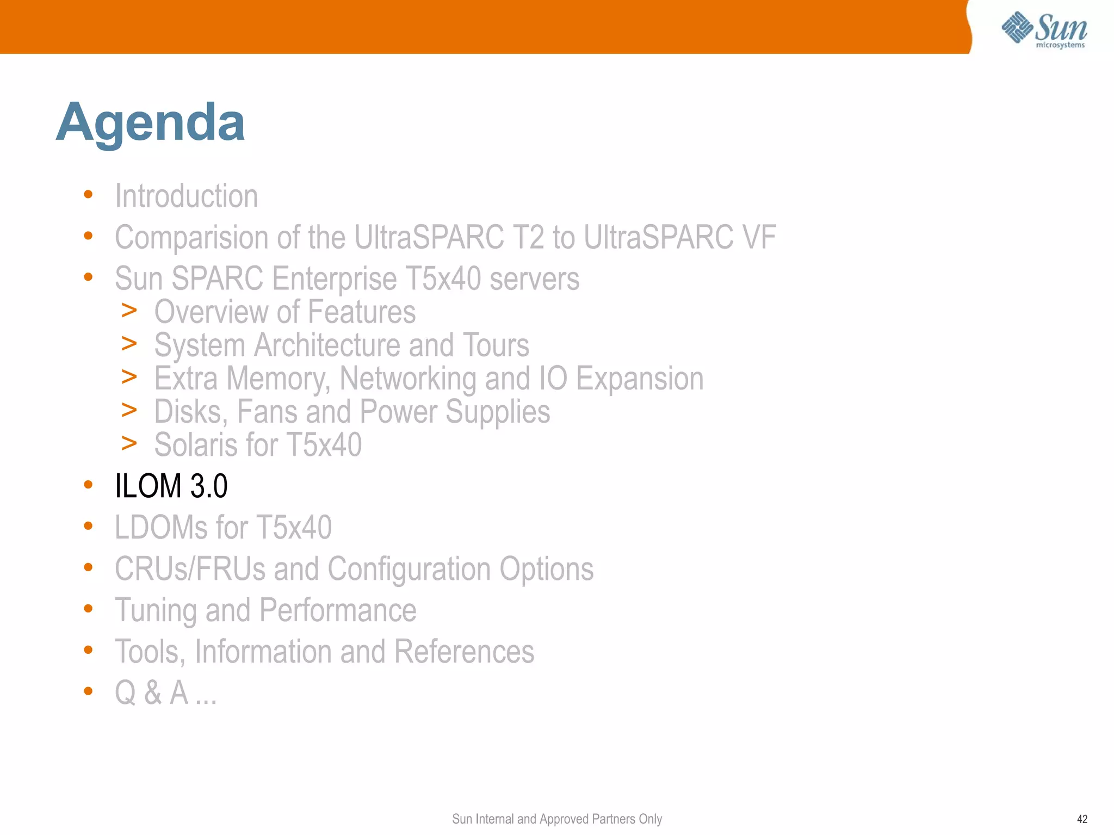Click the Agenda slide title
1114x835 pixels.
click(x=150, y=123)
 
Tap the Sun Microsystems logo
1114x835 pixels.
click(x=1044, y=29)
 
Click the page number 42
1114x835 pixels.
click(x=1082, y=819)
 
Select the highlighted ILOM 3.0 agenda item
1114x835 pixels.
click(x=171, y=486)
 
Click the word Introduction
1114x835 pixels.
click(x=186, y=196)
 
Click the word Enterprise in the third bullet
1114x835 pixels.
click(x=334, y=279)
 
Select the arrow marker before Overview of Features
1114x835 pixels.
click(x=129, y=311)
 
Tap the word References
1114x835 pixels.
click(x=464, y=652)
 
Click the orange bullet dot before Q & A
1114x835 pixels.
click(x=88, y=691)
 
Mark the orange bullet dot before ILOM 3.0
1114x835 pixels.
click(x=88, y=484)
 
